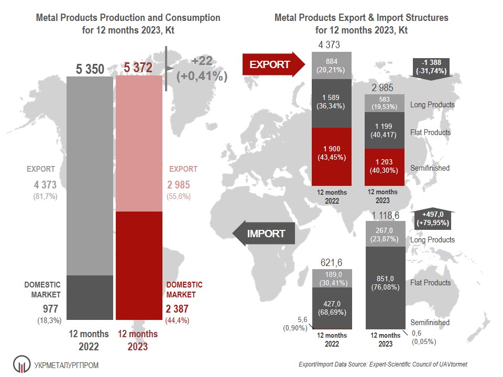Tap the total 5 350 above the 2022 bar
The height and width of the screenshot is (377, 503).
[x=90, y=69]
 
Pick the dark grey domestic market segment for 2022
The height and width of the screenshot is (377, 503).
[x=90, y=297]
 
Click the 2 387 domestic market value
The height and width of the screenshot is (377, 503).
[x=177, y=309]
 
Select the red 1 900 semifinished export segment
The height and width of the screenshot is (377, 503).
[x=332, y=157]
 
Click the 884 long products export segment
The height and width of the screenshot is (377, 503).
[x=332, y=65]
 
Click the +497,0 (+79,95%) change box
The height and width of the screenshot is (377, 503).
[x=434, y=218]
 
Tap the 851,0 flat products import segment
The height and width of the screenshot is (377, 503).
[x=385, y=283]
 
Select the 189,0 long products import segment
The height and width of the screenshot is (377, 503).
[x=332, y=279]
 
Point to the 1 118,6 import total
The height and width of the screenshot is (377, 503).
[x=385, y=215]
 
